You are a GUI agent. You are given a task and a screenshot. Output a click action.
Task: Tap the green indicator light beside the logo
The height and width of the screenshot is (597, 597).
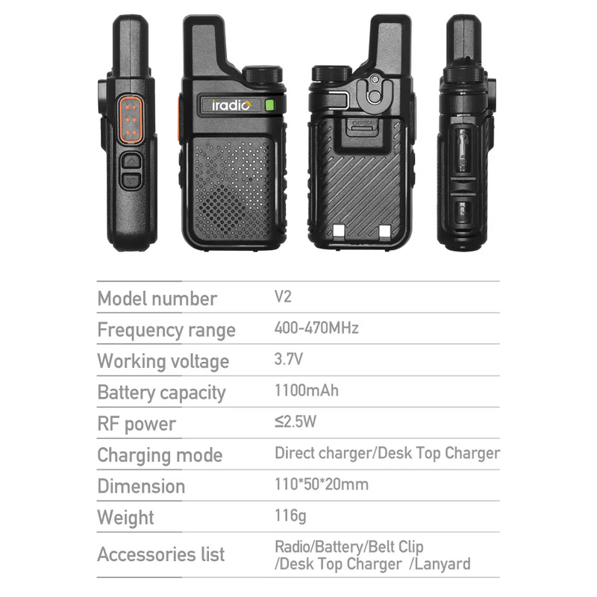tap(269, 105)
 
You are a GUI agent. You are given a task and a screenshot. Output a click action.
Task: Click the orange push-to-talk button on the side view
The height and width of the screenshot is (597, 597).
tap(131, 119)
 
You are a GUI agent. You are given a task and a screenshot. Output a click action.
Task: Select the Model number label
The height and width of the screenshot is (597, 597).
tap(157, 298)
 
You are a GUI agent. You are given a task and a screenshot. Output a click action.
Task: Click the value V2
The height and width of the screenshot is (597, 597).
tap(283, 296)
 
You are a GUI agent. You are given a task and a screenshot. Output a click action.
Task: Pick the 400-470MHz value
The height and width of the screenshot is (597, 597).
tap(316, 328)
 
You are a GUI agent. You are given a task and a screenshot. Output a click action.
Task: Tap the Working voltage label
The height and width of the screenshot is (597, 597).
tap(163, 361)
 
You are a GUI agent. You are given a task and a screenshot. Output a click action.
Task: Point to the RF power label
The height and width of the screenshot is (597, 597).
tap(137, 424)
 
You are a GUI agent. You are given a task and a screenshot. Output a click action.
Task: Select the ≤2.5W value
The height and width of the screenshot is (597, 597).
tap(296, 422)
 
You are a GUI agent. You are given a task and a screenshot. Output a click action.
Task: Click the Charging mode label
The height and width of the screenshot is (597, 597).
tap(160, 455)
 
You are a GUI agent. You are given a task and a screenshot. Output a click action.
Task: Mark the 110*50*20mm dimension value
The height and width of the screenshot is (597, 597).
tap(322, 484)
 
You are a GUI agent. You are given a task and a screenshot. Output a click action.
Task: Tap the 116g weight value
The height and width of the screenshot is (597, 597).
tap(290, 515)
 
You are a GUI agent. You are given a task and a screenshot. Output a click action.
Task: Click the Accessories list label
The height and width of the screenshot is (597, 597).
tap(160, 554)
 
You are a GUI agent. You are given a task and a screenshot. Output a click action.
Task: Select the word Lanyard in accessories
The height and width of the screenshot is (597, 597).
tap(443, 564)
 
